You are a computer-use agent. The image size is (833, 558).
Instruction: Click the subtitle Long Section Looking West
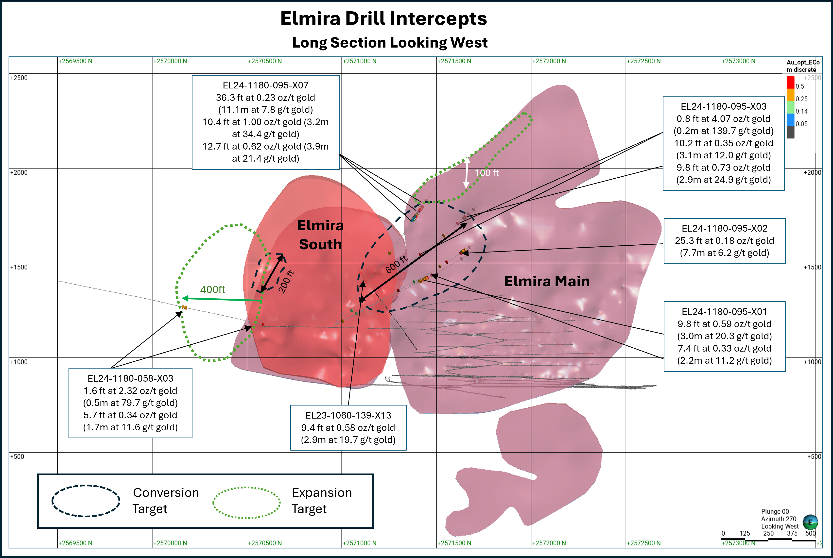tap(390, 43)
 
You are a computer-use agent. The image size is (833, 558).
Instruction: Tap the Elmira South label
tap(320, 235)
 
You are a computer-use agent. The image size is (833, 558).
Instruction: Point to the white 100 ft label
tap(487, 173)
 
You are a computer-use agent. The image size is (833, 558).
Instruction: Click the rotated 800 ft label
tap(396, 264)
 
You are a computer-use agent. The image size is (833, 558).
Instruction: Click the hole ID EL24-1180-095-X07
tap(266, 85)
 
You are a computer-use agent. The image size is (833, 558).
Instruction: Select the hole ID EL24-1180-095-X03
tap(723, 106)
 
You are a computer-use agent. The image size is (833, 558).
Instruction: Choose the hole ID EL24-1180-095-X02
tap(724, 228)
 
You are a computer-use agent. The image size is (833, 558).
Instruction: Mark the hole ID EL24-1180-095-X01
tap(724, 312)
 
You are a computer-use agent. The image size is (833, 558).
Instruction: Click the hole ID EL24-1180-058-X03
tap(130, 378)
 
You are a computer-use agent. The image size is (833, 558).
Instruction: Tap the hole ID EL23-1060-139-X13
tap(348, 415)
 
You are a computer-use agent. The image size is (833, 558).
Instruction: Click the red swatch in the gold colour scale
tap(790, 83)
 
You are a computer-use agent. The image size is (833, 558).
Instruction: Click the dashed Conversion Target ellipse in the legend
tap(86, 501)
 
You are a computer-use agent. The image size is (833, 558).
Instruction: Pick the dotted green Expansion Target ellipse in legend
tap(246, 503)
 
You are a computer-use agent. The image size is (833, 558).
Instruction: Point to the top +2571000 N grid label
tap(360, 61)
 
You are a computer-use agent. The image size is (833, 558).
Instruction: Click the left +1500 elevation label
tap(19, 267)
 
